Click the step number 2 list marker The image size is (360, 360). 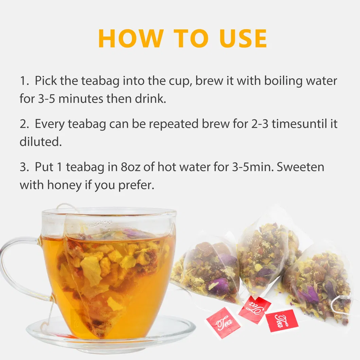click(x=24, y=124)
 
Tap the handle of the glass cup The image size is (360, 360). click(x=17, y=268)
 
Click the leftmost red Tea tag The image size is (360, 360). click(x=223, y=323)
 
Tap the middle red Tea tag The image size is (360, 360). click(x=254, y=309)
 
